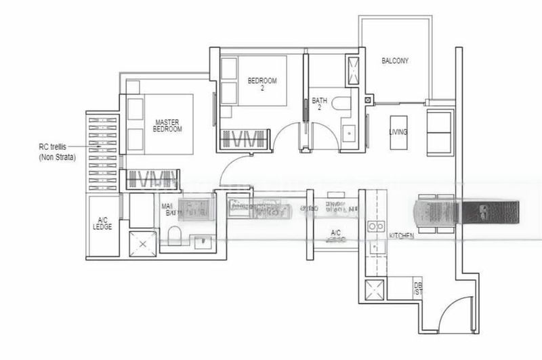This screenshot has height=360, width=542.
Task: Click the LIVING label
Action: [x=398, y=132]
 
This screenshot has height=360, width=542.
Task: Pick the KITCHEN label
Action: [x=403, y=235]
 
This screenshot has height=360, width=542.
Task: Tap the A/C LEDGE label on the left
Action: [x=102, y=223]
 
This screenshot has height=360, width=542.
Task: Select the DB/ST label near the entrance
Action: [x=417, y=289]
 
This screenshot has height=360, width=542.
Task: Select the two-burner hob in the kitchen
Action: [x=375, y=226]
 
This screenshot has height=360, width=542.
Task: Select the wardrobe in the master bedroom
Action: [x=152, y=180]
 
